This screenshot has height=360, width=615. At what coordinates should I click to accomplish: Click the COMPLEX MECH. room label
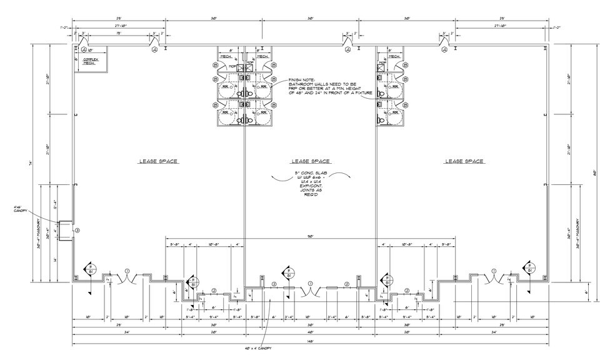click(92, 61)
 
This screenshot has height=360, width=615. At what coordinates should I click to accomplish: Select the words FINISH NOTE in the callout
click(301, 81)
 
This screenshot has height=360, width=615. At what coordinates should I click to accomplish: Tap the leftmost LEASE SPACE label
click(158, 161)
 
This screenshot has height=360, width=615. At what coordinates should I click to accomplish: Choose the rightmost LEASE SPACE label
click(464, 161)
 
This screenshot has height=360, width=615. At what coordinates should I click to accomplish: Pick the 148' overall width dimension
click(311, 342)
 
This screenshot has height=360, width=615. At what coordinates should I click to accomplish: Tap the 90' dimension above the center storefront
click(311, 236)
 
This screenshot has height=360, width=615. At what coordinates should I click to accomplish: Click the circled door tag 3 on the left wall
click(77, 231)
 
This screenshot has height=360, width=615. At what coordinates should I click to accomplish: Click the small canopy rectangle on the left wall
click(66, 229)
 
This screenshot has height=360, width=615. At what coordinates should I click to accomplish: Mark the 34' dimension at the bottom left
click(92, 333)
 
